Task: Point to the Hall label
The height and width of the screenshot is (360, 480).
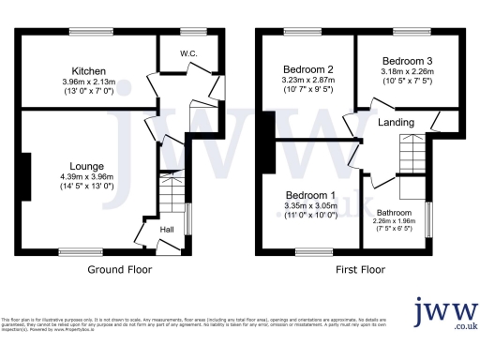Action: coord(166,228)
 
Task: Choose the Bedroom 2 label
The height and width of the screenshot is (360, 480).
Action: coord(308,69)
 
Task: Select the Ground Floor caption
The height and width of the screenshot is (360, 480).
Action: coord(120,269)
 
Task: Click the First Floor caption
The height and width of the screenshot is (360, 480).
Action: coord(360,269)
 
